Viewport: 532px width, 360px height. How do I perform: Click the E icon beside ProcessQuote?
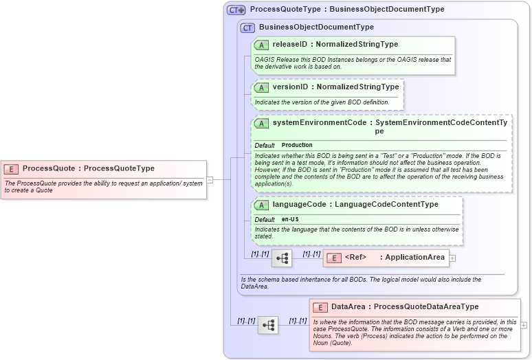pos(11,168)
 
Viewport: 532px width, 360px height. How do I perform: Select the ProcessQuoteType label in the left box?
pos(119,168)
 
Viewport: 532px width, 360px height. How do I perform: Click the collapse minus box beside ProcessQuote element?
pos(210,180)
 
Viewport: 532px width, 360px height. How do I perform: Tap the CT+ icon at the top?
pos(236,10)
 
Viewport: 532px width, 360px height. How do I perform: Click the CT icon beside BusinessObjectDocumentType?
pos(247,27)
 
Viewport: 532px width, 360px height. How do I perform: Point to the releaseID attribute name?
pos(289,45)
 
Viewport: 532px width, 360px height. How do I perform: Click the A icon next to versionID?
pos(261,87)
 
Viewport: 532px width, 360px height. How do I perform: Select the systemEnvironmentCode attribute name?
pos(319,122)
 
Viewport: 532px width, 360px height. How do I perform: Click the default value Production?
pos(297,146)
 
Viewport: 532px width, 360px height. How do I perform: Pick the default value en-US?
pos(290,219)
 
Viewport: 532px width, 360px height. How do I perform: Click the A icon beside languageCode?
pos(261,205)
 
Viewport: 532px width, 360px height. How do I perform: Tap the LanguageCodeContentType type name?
pos(386,205)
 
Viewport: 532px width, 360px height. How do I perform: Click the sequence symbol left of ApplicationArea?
pos(282,258)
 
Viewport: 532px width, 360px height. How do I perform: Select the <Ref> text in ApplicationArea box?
pos(355,258)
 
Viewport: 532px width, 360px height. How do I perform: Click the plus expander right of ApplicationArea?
pos(452,258)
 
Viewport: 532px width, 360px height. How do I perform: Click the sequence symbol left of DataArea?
pos(268,325)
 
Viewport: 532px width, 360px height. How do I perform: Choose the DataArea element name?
pos(348,307)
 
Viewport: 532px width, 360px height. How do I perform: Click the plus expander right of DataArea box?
pos(524,325)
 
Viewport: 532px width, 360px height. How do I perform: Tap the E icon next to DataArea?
pos(320,307)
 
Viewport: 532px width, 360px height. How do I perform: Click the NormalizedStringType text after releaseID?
pos(357,45)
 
